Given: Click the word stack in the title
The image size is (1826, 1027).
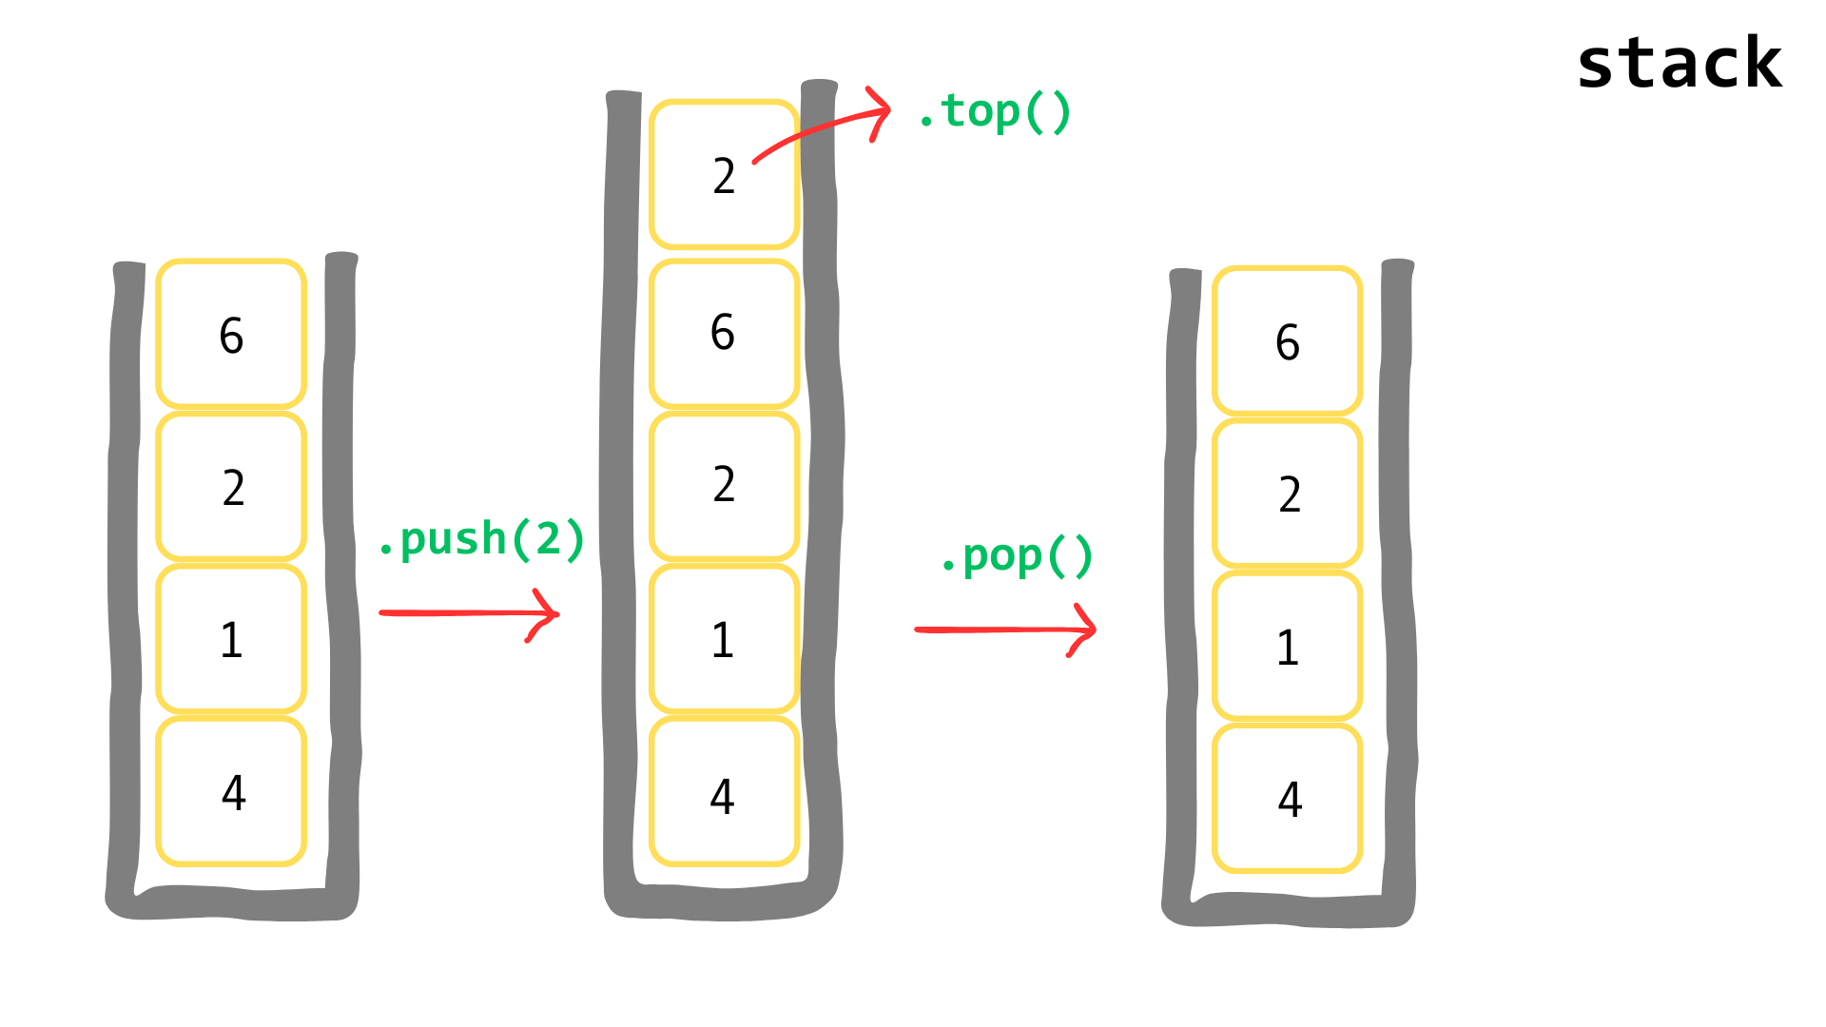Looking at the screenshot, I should (1680, 63).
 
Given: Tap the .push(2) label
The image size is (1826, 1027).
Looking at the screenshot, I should (481, 539).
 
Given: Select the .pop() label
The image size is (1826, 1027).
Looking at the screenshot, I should (1016, 556).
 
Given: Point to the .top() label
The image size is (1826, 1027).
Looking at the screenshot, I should (994, 112).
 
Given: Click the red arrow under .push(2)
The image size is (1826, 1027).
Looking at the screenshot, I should (469, 613).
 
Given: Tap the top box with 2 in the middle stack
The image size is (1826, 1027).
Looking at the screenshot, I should (724, 175).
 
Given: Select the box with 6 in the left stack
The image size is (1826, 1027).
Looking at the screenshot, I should (231, 334).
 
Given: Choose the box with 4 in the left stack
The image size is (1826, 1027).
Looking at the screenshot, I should (231, 792).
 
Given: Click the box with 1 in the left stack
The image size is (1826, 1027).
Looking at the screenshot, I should (231, 639).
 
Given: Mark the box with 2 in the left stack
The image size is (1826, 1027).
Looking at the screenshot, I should (231, 487).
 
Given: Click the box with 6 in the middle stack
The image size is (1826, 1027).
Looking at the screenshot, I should (724, 333).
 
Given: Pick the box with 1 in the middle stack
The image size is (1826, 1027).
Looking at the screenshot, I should (724, 639).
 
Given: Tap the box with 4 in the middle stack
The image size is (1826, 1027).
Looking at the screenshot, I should (724, 793).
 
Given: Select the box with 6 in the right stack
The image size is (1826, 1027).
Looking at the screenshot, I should (1288, 341).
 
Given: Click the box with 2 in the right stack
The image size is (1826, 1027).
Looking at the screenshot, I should (1288, 494).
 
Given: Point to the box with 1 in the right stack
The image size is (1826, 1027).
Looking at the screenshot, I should (1288, 647).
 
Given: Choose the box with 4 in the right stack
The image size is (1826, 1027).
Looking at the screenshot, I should (1288, 799).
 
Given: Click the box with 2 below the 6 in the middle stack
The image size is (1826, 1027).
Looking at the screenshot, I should (724, 485).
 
